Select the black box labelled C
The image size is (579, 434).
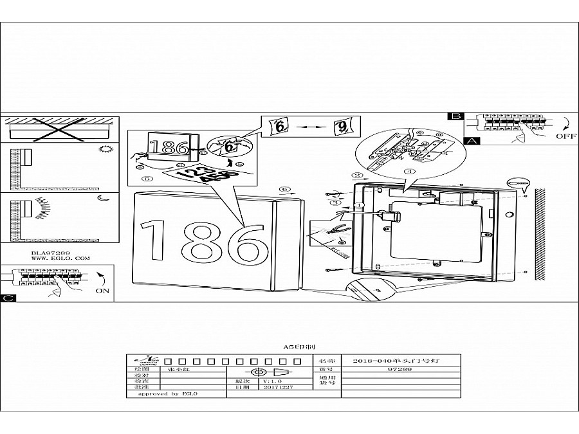7,298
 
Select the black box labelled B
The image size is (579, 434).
456,116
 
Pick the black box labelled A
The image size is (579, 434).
472,140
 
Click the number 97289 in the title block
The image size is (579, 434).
400,370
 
